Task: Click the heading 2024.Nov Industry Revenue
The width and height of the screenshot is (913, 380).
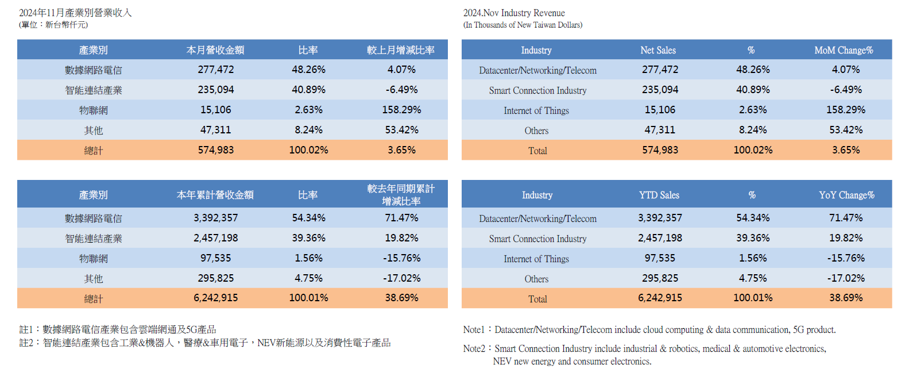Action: (x=514, y=13)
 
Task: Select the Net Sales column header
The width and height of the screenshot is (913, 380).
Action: (x=658, y=50)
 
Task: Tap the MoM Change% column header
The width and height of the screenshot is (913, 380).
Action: (x=844, y=50)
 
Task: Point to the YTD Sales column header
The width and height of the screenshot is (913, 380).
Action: (x=659, y=195)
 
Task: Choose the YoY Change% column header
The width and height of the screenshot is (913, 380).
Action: (x=846, y=195)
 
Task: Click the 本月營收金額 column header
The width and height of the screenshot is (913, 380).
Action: (x=215, y=50)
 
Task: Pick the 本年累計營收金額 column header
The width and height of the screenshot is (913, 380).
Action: (x=215, y=195)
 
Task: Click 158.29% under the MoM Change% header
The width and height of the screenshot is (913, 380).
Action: (x=846, y=110)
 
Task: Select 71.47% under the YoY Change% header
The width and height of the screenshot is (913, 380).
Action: (x=846, y=218)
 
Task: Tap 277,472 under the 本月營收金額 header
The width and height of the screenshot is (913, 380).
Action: (x=216, y=70)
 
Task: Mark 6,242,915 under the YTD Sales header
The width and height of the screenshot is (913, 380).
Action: (x=660, y=298)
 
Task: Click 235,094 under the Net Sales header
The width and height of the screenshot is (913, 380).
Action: (x=660, y=90)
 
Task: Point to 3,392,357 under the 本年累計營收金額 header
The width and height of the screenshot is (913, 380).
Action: (x=216, y=218)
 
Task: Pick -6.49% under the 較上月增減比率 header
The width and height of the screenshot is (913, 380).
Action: (x=401, y=90)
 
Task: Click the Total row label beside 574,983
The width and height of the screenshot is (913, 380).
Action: (x=537, y=151)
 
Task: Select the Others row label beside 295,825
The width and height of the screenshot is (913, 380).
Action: (x=536, y=279)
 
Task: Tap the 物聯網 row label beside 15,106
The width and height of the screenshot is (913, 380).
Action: (x=94, y=110)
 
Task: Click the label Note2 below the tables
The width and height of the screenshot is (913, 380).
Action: (x=474, y=348)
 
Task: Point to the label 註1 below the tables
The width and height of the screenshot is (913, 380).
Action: (x=26, y=329)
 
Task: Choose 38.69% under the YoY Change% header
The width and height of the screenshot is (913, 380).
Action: (x=846, y=298)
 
